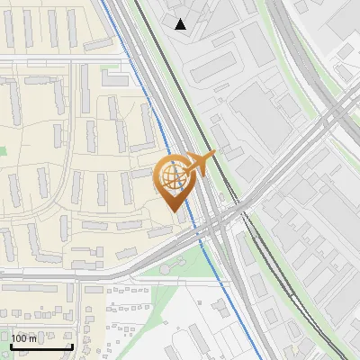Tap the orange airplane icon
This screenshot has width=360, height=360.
200,164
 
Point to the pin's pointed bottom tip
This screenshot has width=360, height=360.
174,211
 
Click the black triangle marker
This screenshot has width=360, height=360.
181,24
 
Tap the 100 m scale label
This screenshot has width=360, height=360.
23,339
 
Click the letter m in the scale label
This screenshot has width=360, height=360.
32,339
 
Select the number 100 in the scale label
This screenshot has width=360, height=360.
19,339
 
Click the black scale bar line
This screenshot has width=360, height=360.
40,347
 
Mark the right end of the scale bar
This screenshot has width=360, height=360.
72,347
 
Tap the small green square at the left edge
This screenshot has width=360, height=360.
3,150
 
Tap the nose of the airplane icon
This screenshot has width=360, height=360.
214,155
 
